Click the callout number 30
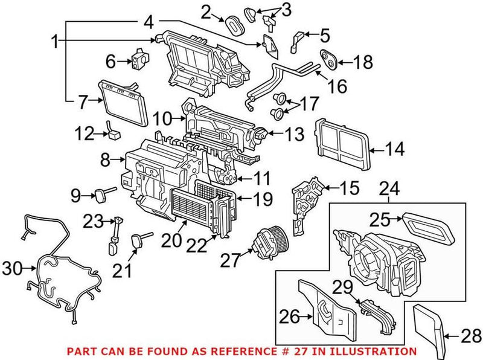click(x=13, y=268)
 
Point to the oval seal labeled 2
click(x=233, y=23)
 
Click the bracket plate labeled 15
click(x=305, y=199)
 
